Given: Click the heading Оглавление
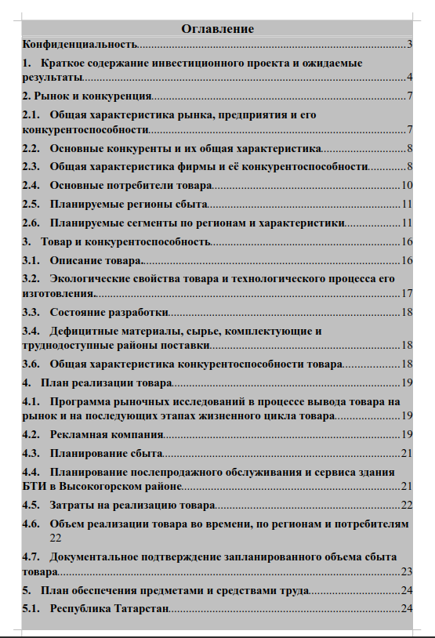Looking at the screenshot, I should (x=217, y=29).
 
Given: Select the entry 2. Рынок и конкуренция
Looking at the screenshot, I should (x=86, y=96).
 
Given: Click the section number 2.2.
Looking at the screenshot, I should (x=31, y=148).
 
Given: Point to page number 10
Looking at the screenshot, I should (x=407, y=186).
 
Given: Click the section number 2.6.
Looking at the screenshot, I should (x=31, y=223).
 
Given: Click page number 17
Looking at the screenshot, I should (x=407, y=294).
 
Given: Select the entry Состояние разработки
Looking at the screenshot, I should (x=109, y=313).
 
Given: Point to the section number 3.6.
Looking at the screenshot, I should (x=31, y=364).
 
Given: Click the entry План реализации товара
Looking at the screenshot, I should (x=106, y=383).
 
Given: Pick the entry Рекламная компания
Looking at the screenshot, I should (x=107, y=434).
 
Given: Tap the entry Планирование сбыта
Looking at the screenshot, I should (x=106, y=453).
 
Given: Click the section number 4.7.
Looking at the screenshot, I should (x=31, y=557).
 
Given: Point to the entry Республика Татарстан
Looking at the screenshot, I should (x=109, y=608).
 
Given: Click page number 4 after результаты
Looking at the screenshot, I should (x=409, y=78).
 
